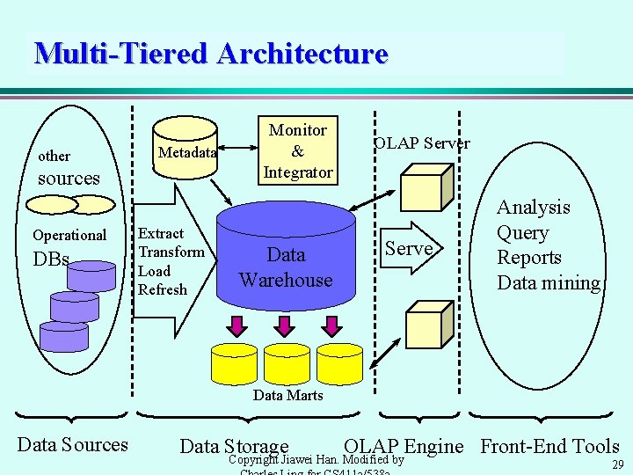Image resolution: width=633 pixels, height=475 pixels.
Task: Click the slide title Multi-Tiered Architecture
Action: pyautogui.click(x=211, y=54)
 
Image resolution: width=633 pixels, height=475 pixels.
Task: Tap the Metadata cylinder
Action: pyautogui.click(x=186, y=151)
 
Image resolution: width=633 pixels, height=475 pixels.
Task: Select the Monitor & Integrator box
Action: pyautogui.click(x=297, y=151)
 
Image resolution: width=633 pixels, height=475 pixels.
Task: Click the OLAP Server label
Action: pyautogui.click(x=421, y=143)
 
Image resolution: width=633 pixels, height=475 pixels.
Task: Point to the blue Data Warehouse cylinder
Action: pyautogui.click(x=286, y=264)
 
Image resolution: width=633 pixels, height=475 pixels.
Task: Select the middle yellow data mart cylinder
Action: pyautogui.click(x=287, y=361)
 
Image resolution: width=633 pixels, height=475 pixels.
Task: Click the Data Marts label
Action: pyautogui.click(x=287, y=396)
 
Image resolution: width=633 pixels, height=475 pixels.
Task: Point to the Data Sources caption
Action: pyautogui.click(x=73, y=445)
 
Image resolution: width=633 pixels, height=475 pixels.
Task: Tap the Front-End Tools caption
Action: pyautogui.click(x=549, y=447)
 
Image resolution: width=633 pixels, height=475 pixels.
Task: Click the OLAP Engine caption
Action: pyautogui.click(x=404, y=447)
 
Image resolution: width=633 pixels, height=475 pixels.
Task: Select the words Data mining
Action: pyautogui.click(x=548, y=283)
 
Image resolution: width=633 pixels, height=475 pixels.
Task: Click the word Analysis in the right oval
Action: pyautogui.click(x=533, y=208)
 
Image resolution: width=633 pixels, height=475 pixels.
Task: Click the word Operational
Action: pyautogui.click(x=69, y=235)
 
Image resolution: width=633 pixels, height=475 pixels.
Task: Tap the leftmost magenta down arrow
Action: pyautogui.click(x=236, y=325)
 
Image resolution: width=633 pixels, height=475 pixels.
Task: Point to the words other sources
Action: pyautogui.click(x=67, y=168)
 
